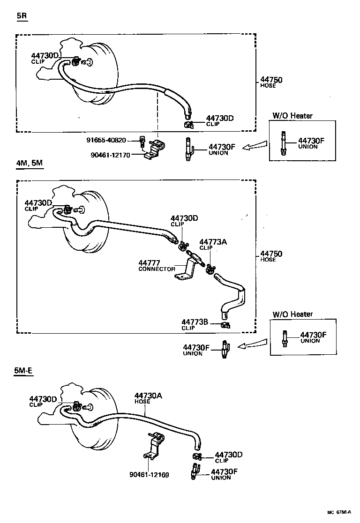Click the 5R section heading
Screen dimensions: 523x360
(x=22, y=15)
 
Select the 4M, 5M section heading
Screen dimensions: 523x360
(x=30, y=164)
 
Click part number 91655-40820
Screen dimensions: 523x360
(x=106, y=140)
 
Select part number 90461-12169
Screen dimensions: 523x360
(x=149, y=474)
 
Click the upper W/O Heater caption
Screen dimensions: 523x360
(x=292, y=115)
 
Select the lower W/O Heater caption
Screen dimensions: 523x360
(x=292, y=314)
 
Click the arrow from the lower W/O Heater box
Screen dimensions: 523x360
(x=254, y=345)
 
